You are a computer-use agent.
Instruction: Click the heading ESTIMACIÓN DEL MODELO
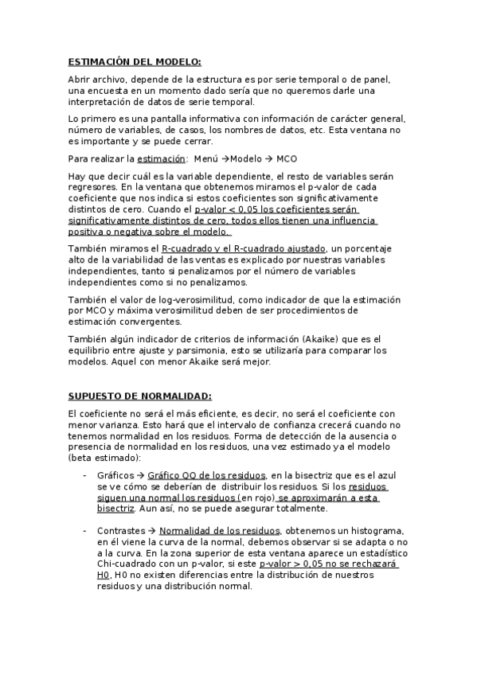click(134, 61)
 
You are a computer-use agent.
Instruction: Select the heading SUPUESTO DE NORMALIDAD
click(139, 396)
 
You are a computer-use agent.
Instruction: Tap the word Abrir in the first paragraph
click(80, 80)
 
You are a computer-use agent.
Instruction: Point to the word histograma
click(351, 530)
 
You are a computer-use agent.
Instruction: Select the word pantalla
click(180, 119)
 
